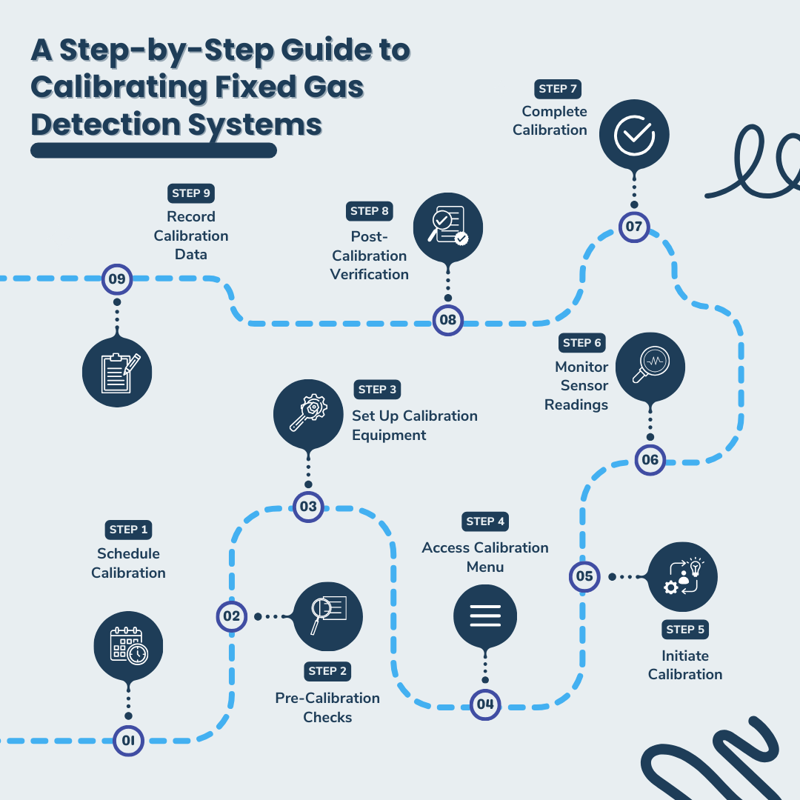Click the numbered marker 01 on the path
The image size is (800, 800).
pos(128,740)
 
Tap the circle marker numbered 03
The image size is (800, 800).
pos(308,507)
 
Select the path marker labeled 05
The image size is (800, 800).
pos(584,576)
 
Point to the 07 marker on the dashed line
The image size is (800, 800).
pos(634,227)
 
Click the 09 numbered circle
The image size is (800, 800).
pos(117,279)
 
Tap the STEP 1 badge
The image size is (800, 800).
pos(128,530)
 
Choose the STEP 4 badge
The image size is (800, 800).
pos(485,521)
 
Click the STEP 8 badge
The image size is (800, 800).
pos(370,211)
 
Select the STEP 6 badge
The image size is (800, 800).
pos(582,343)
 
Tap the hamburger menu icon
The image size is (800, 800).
pos(485,616)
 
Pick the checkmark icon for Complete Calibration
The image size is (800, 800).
pos(634,134)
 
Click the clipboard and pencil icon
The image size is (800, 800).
pos(117,370)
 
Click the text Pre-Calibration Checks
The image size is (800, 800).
pos(327,707)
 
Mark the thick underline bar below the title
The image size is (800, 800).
pos(153,151)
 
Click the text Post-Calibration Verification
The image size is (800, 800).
pos(370,256)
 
